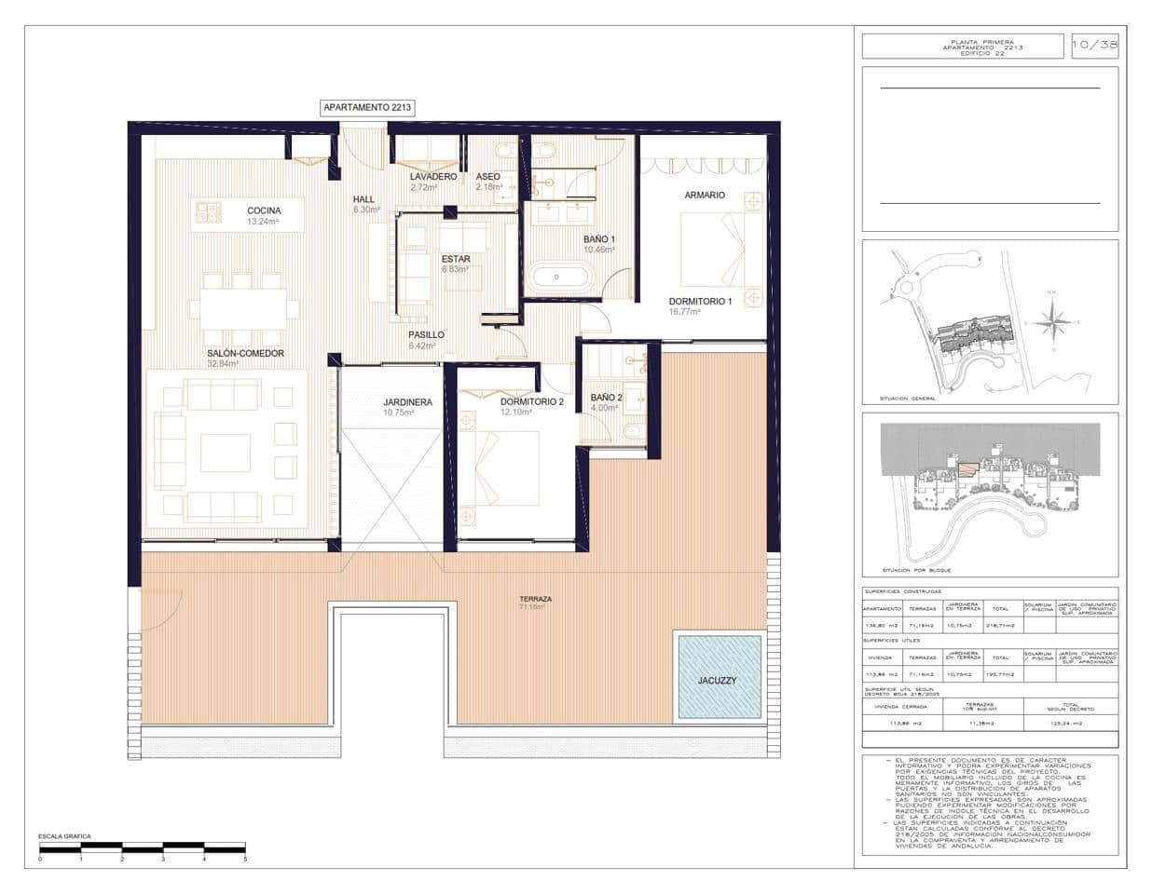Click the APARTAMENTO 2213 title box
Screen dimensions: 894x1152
point(367,108)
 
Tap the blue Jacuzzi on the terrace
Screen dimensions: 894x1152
point(718,677)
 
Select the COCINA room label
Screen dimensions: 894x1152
point(264,210)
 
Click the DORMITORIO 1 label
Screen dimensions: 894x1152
point(700,302)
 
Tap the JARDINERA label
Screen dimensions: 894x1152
point(407,402)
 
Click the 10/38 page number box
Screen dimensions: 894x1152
point(1094,45)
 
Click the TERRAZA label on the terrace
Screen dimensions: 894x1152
point(536,599)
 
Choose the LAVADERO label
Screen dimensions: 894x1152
point(433,176)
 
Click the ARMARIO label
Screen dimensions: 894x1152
point(705,196)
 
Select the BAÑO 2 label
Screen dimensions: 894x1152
point(606,398)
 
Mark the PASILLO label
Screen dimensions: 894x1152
point(426,334)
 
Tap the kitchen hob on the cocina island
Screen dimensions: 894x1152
point(208,213)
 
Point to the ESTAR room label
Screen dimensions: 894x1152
point(456,259)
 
